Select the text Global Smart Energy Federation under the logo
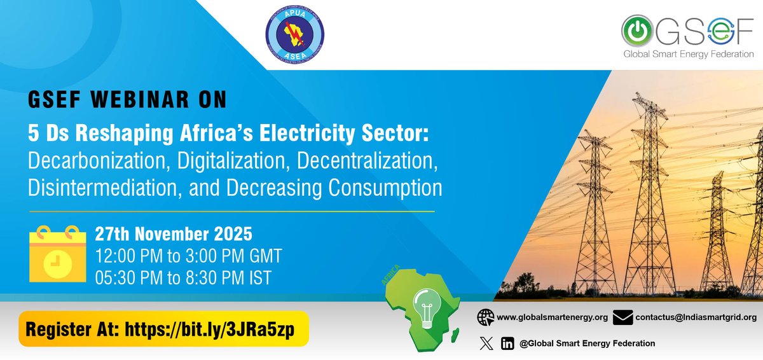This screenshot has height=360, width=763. pyautogui.click(x=689, y=54)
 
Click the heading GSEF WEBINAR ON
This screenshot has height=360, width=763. pyautogui.click(x=127, y=100)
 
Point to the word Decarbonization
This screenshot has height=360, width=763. pyautogui.click(x=93, y=161)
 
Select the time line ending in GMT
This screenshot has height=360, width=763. pyautogui.click(x=188, y=256)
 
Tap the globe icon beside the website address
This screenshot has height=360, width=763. pyautogui.click(x=486, y=317)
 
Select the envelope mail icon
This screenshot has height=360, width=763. pyautogui.click(x=623, y=317)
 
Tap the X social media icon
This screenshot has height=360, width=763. pyautogui.click(x=486, y=343)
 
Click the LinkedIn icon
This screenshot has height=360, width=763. pyautogui.click(x=507, y=343)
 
